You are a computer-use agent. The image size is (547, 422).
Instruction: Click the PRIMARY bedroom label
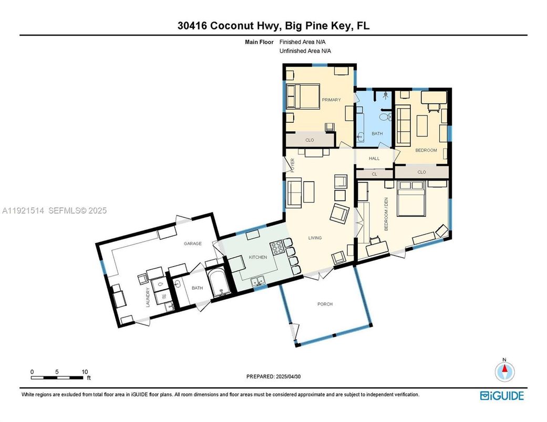(331, 100)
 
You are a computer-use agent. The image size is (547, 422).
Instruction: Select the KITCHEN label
(257, 257)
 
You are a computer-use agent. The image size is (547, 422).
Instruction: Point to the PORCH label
(325, 304)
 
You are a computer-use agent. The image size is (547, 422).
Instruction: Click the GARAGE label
(192, 244)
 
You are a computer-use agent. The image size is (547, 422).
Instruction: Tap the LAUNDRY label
(149, 297)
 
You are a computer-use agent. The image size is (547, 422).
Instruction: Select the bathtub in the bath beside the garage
(216, 283)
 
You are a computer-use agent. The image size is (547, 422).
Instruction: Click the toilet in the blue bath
(384, 117)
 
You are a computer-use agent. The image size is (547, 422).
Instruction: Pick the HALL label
(374, 158)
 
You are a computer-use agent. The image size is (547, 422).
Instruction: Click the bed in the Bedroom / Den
(410, 200)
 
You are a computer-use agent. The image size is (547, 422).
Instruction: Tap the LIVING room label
(315, 238)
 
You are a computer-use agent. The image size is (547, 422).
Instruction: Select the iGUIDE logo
(502, 395)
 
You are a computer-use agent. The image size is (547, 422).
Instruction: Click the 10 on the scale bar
(85, 372)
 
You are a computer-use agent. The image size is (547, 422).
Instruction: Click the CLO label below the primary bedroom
(309, 140)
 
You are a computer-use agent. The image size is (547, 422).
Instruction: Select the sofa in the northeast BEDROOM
(403, 125)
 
